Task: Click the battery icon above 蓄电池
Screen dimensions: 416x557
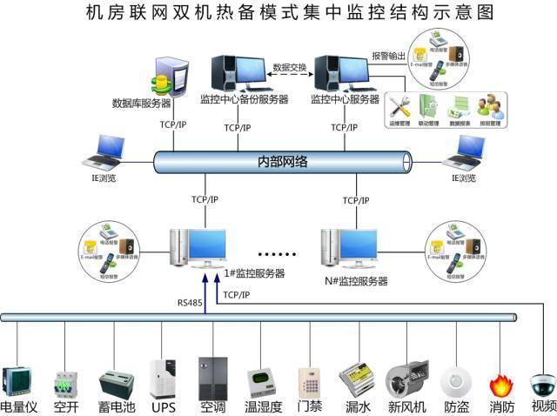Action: point(116,382)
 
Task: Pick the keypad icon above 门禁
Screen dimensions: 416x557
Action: point(310,380)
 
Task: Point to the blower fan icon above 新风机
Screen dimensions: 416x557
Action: point(405,379)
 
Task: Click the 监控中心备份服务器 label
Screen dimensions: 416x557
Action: point(244,99)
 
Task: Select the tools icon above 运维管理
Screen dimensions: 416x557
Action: point(399,107)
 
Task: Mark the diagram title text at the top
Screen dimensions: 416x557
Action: point(278,14)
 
